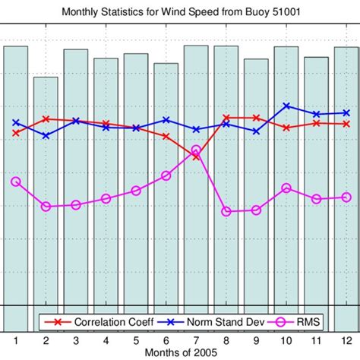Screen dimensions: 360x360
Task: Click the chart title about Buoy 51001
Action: (180, 11)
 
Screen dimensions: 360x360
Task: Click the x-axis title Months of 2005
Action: (180, 353)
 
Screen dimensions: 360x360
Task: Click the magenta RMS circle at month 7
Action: (196, 150)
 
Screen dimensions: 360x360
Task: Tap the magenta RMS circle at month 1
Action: (16, 182)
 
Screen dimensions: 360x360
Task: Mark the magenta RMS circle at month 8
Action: (226, 211)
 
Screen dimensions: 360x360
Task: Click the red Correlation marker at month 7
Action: (196, 156)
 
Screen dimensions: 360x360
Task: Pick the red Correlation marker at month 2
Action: (46, 118)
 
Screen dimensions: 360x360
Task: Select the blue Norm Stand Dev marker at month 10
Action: (286, 106)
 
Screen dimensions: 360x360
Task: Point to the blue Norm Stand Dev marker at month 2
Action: (46, 136)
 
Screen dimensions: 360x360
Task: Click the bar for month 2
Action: (46, 197)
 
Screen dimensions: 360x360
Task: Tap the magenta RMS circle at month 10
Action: (286, 188)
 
